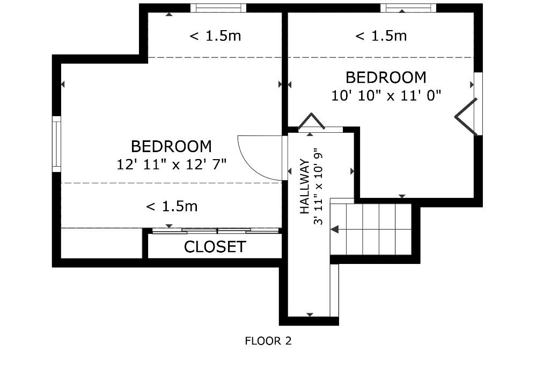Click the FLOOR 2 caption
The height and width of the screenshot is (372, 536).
(268, 341)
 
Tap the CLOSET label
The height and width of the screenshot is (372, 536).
(215, 247)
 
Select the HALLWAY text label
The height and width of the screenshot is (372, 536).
(305, 186)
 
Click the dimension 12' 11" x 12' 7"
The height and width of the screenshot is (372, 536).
(172, 164)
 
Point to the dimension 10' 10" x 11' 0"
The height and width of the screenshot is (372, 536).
(386, 95)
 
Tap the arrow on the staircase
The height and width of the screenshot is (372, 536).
(335, 230)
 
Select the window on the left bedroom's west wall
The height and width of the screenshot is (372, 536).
(56, 144)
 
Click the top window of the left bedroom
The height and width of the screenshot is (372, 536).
(218, 8)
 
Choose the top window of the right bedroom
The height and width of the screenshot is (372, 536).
(408, 8)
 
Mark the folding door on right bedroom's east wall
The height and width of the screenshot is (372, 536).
(466, 117)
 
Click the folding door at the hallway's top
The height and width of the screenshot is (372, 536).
(312, 122)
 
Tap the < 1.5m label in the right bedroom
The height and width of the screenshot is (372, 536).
(381, 36)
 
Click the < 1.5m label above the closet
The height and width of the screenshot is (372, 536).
(172, 206)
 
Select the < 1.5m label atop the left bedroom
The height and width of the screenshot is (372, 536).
(215, 36)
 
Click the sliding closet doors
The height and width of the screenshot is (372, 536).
(216, 231)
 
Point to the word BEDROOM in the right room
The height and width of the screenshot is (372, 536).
(386, 77)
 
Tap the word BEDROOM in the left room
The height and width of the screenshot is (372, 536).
(172, 146)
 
